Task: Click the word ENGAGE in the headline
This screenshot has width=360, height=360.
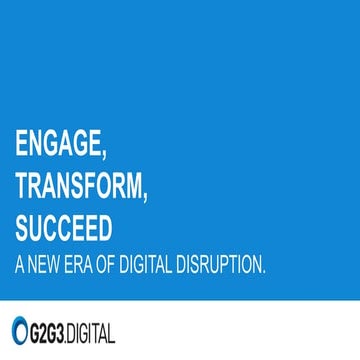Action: tap(58, 144)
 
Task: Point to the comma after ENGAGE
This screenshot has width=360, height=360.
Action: tap(105, 156)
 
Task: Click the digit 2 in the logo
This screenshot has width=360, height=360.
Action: tap(46, 330)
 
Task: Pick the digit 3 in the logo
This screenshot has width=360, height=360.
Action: tap(70, 330)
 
